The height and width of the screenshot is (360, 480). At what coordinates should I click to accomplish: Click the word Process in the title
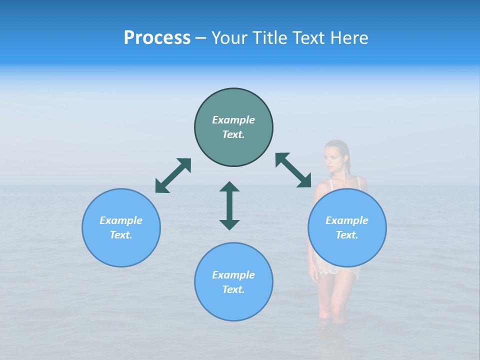157,38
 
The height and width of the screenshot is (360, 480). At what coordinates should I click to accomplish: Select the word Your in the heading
229,38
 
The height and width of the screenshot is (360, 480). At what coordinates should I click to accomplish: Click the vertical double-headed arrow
229,205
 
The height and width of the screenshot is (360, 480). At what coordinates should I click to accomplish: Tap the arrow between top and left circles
173,175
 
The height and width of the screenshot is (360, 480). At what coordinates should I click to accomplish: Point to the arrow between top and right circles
293,170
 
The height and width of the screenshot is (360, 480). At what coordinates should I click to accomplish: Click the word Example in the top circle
233,120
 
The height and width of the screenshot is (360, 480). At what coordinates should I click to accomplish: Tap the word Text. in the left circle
121,235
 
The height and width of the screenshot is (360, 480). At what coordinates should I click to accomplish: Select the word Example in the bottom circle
233,275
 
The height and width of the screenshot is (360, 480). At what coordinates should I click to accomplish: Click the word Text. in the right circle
347,235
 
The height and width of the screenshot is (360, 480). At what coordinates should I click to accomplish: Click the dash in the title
201,38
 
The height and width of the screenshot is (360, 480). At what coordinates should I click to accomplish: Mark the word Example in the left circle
121,220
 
